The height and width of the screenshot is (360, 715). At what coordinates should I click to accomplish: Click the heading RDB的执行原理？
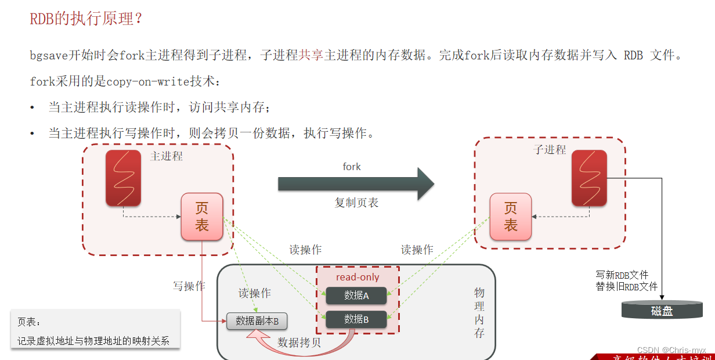86,19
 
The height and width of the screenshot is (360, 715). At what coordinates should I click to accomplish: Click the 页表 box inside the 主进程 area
202,217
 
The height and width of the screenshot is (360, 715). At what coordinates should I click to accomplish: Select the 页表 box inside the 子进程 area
510,217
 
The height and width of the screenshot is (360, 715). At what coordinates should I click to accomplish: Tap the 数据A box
356,296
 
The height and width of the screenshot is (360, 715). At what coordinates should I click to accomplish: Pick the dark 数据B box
356,319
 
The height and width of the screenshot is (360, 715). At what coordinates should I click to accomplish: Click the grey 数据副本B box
257,321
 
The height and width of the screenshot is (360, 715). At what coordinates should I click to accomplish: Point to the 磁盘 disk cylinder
662,310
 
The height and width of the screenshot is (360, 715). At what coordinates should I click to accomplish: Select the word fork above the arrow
352,167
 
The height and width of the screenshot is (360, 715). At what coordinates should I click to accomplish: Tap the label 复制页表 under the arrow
356,203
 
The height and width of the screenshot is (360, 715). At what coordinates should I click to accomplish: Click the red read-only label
358,277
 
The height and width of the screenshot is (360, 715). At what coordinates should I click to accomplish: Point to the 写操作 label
189,286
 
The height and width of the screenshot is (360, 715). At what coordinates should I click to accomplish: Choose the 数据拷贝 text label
299,342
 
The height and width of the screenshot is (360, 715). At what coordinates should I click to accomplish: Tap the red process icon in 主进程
123,178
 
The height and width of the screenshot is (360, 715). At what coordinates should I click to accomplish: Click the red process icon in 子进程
589,178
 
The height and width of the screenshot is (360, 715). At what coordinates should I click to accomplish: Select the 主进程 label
167,156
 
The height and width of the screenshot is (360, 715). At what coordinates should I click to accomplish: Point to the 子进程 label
550,150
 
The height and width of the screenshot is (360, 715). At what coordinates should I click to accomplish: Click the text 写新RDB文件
622,275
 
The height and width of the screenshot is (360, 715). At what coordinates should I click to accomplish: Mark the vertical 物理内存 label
479,312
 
